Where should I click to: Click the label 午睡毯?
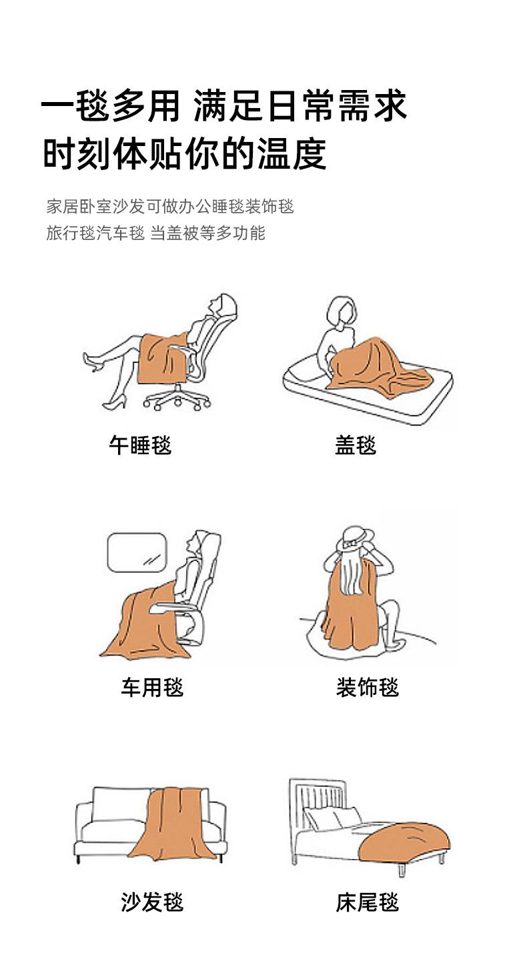[x=140, y=445]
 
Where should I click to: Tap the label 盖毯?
[x=356, y=445]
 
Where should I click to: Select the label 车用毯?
[x=152, y=688]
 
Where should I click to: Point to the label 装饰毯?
[x=368, y=688]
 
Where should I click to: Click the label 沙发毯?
[x=152, y=902]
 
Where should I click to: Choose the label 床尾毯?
[x=368, y=902]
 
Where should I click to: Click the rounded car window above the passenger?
[x=137, y=553]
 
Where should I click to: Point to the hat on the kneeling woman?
[x=355, y=538]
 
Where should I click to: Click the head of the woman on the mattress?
[x=341, y=311]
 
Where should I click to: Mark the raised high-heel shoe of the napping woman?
[x=93, y=362]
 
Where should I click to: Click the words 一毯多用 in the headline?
[x=111, y=106]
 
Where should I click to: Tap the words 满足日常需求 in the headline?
[x=300, y=106]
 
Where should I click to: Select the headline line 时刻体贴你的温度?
[x=185, y=153]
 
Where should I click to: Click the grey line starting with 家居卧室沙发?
[x=170, y=206]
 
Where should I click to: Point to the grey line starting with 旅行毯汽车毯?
[x=155, y=233]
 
